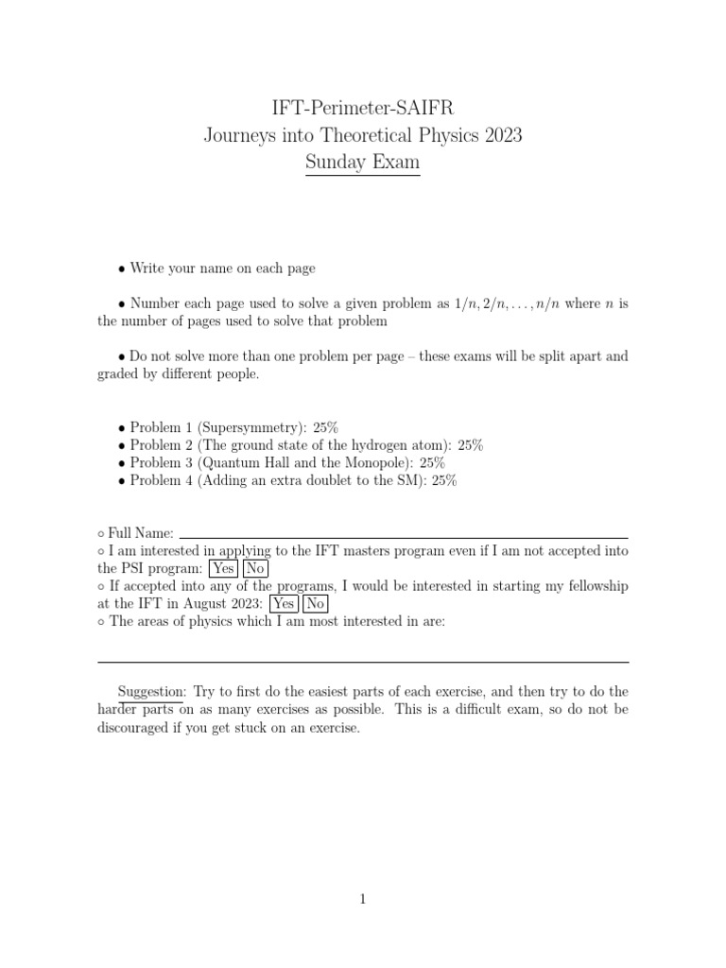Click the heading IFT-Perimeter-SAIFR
click(x=363, y=108)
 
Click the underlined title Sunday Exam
click(x=363, y=163)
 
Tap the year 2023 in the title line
click(x=503, y=135)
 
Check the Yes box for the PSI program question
click(x=223, y=568)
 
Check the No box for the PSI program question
click(x=255, y=568)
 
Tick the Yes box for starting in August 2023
click(x=283, y=604)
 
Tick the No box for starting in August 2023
click(x=316, y=604)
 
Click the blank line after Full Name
click(x=404, y=534)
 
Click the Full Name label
click(x=141, y=533)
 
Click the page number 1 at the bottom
click(x=363, y=899)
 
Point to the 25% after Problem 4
click(x=441, y=481)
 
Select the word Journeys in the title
click(x=238, y=135)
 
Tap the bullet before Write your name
click(x=122, y=269)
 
